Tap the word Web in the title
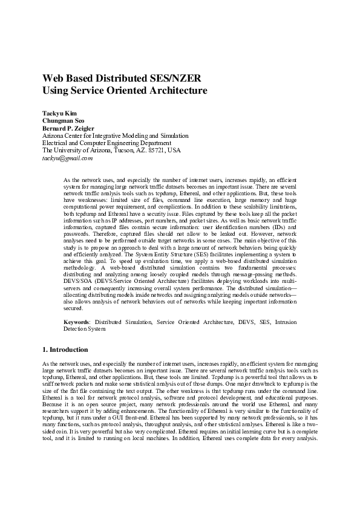point(53,79)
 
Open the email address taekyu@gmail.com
point(67,158)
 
